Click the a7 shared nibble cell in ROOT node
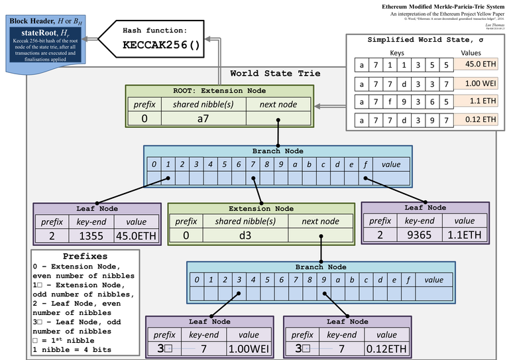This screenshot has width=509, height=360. click(x=203, y=118)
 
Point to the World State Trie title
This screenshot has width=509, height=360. click(x=275, y=73)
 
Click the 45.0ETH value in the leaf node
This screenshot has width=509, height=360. click(x=135, y=235)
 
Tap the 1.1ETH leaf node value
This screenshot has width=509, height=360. click(x=464, y=234)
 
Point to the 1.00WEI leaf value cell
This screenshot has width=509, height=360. click(x=248, y=348)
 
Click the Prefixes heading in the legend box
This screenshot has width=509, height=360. click(x=85, y=256)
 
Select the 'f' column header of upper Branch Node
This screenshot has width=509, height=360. click(x=365, y=164)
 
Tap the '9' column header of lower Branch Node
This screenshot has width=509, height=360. click(x=323, y=279)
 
